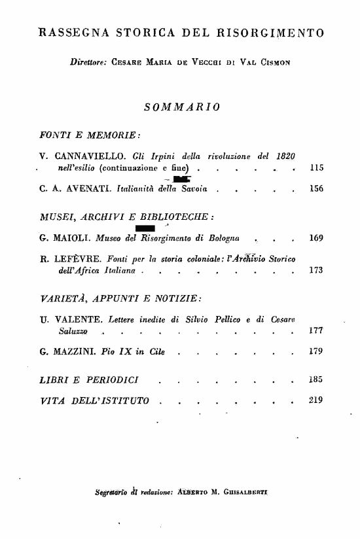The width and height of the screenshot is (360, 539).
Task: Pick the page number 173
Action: click(x=316, y=269)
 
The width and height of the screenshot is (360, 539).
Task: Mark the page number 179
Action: click(x=316, y=354)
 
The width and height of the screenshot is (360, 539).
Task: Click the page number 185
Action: click(x=316, y=378)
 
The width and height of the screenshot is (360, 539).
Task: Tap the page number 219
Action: click(x=316, y=400)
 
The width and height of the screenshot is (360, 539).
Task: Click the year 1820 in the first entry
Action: click(x=284, y=156)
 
